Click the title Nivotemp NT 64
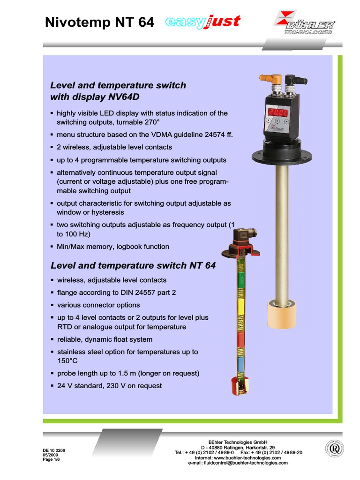99,23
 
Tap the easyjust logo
203,22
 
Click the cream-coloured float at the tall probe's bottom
281,314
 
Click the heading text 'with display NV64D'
95,97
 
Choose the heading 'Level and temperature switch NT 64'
133,265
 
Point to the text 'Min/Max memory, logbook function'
113,247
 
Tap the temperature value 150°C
67,361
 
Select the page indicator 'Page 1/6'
51,459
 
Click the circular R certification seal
335,449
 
